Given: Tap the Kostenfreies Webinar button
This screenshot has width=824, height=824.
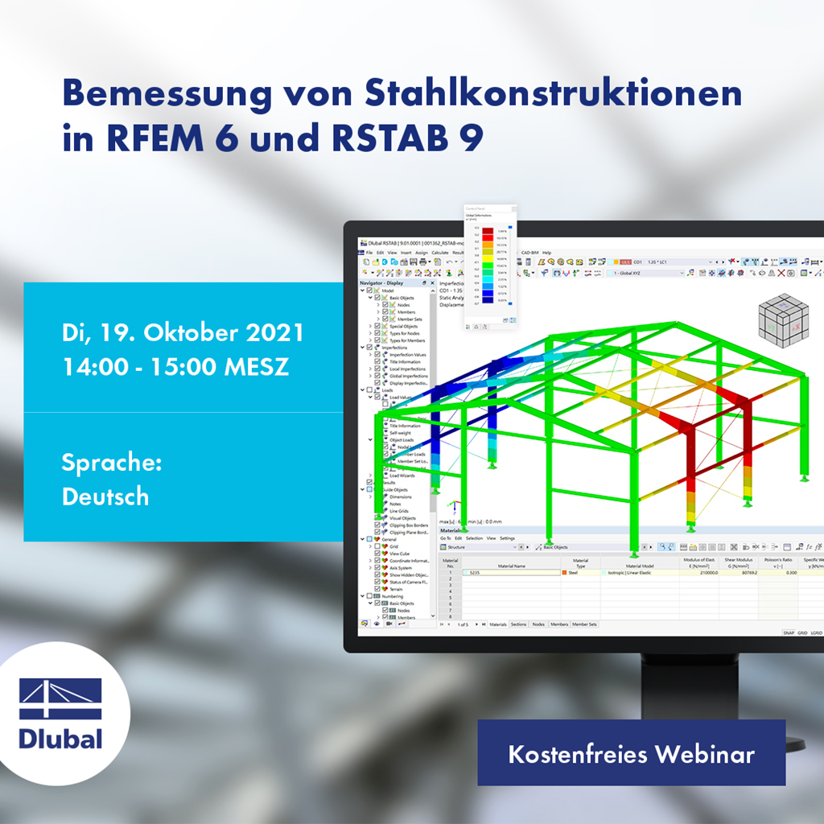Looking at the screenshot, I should tap(631, 754).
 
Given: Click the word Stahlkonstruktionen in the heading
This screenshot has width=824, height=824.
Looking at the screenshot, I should tap(554, 94).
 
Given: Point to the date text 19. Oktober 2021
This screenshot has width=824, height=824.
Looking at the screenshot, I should tap(204, 333).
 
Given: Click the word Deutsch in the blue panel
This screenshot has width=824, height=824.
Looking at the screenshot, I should tap(105, 496).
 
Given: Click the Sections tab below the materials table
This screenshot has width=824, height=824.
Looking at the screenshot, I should tap(518, 624).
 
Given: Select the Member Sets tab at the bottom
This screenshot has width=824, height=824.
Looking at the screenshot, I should tap(585, 624).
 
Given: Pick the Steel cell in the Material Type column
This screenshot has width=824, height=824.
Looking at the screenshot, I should tap(574, 572).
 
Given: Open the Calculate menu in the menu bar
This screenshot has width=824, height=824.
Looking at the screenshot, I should tap(439, 253).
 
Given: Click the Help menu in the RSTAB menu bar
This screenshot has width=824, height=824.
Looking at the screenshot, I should tap(546, 253).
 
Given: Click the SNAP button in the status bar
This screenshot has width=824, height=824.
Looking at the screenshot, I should tap(789, 633).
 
